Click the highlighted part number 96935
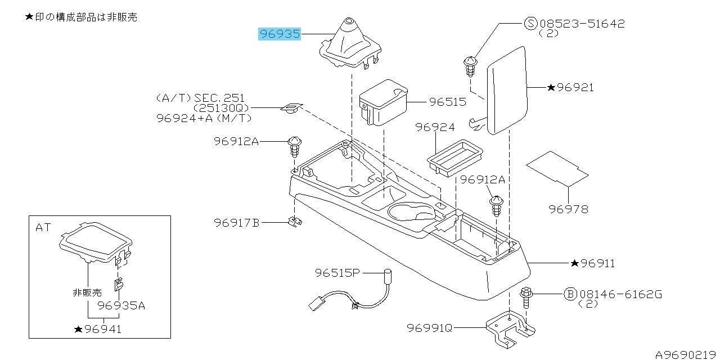279,34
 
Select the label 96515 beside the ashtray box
447,102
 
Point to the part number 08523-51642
582,24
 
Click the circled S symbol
531,24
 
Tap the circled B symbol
570,294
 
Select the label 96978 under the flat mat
568,209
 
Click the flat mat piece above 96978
557,168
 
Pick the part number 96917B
236,223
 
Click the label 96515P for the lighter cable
337,273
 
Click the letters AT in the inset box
43,228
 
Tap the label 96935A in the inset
121,305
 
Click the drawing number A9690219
686,354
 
